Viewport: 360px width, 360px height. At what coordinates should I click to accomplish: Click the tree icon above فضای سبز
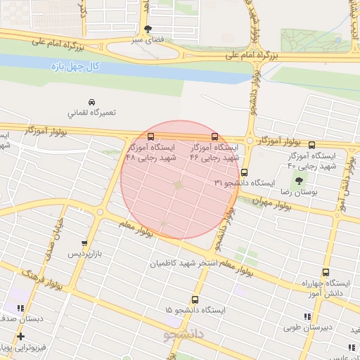[x=147, y=30]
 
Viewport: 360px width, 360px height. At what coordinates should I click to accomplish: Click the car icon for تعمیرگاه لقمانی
[x=92, y=101]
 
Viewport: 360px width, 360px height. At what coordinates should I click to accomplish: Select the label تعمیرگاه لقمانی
[x=91, y=112]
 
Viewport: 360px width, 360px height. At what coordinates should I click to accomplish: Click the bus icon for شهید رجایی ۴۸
[x=151, y=136]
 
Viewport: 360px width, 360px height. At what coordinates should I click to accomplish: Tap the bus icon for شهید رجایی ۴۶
[x=214, y=137]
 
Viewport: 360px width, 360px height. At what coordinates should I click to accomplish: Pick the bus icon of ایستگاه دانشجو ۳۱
[x=244, y=172]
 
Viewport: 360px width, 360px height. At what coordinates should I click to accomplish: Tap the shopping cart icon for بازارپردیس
[x=84, y=243]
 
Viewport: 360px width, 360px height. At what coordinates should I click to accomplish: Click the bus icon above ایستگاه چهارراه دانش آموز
[x=326, y=272]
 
